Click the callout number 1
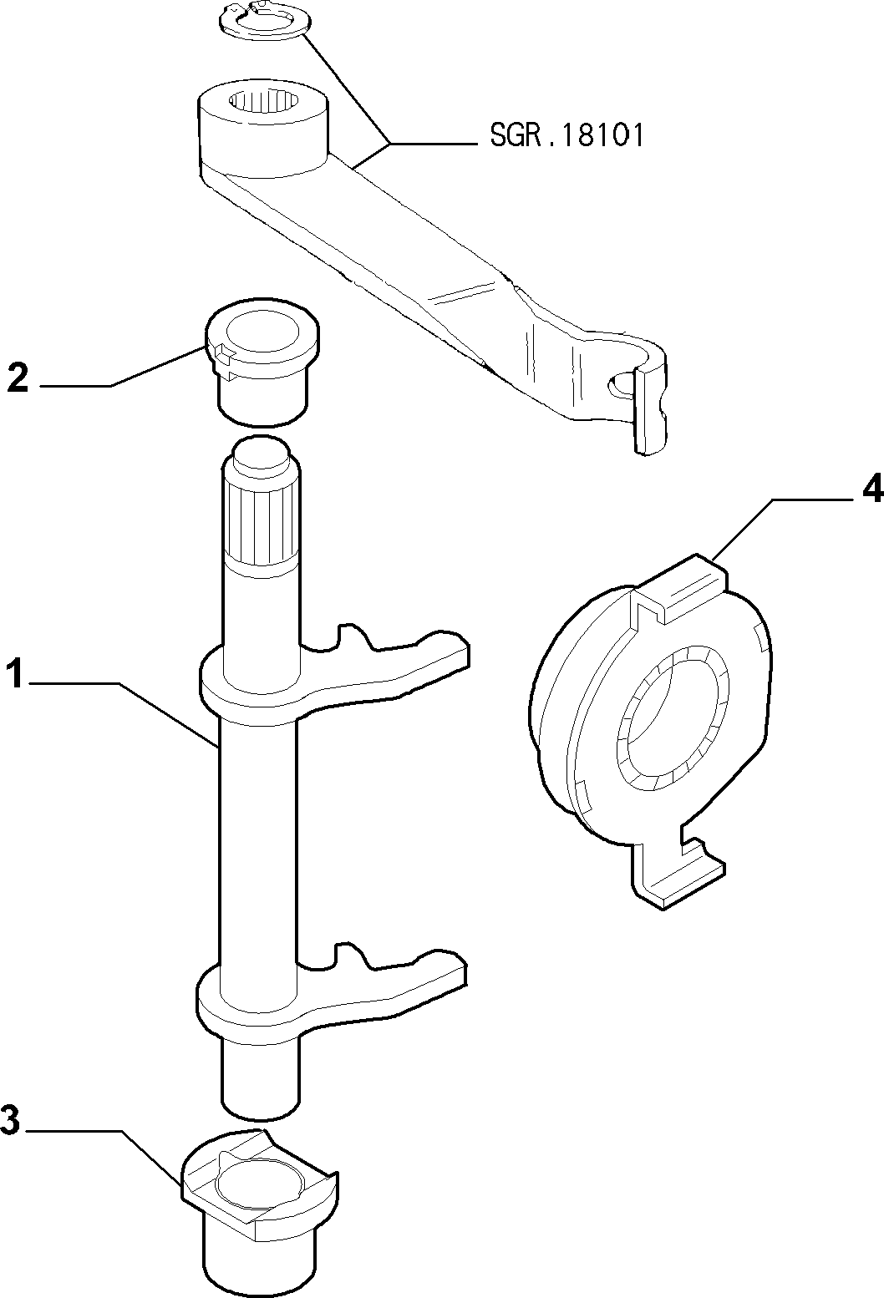click(15, 675)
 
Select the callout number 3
click(10, 1119)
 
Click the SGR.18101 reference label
click(566, 136)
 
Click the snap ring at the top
click(265, 22)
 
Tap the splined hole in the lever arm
click(264, 101)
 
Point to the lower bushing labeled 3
click(260, 1208)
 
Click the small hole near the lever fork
click(620, 384)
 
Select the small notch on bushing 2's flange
click(222, 348)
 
